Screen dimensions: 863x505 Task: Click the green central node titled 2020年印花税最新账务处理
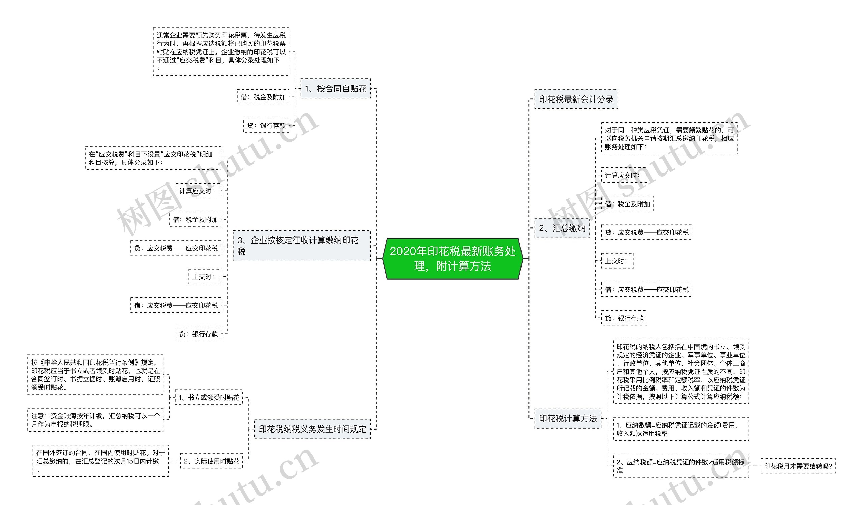point(452,259)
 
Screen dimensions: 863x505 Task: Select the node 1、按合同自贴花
point(335,89)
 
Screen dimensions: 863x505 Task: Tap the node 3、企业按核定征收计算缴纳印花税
point(301,246)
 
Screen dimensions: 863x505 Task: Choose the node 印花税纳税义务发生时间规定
point(312,429)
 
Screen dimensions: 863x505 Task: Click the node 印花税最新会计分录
point(576,99)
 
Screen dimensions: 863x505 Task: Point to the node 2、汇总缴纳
point(562,228)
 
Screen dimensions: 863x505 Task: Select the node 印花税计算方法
point(567,418)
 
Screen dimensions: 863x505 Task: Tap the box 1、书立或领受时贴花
point(209,397)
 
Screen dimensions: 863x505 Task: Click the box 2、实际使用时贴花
point(211,461)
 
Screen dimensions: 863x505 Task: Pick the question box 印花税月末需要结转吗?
point(798,466)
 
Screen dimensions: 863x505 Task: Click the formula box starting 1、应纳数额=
point(681,429)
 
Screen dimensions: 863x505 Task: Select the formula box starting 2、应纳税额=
point(681,466)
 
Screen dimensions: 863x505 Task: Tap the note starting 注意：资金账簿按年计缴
point(95,420)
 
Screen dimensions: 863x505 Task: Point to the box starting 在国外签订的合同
point(100,461)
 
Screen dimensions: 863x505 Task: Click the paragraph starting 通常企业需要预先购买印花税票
point(221,52)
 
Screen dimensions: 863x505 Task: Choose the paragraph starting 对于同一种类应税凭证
point(669,138)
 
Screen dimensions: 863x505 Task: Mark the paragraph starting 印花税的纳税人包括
point(681,372)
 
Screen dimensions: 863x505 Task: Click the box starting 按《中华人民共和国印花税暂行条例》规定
point(95,375)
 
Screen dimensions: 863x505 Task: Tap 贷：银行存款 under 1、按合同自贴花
point(266,126)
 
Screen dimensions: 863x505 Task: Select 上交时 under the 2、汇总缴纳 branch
point(617,261)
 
